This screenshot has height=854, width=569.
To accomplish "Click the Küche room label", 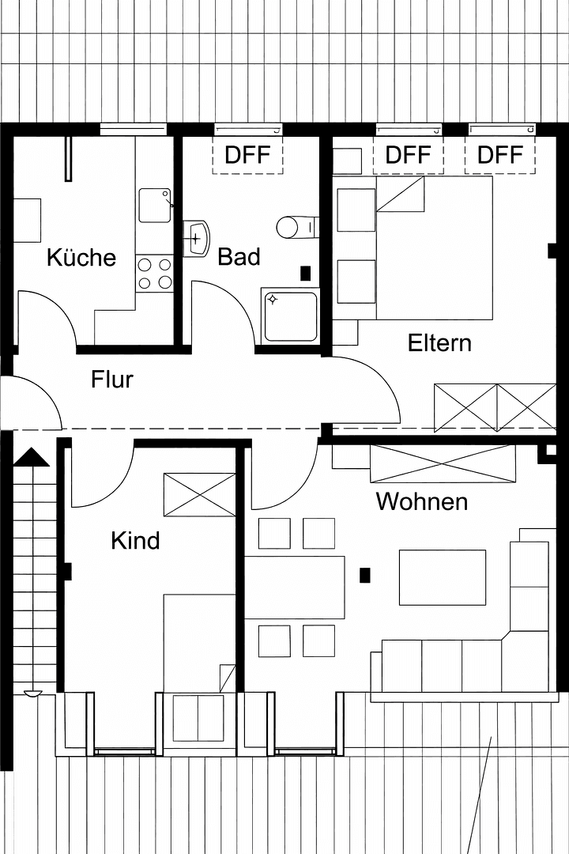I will (x=81, y=258).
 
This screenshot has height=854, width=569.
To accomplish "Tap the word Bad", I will (x=239, y=257).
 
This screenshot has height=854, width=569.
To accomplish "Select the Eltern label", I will (x=439, y=343).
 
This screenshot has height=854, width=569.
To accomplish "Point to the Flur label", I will (x=112, y=380).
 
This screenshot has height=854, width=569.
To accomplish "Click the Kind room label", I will (x=135, y=541).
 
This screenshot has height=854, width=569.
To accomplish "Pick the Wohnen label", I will (x=421, y=501).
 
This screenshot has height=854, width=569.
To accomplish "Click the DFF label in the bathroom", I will (x=247, y=155).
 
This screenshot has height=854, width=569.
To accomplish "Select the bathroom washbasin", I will (x=196, y=237).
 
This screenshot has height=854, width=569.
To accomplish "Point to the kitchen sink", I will (x=155, y=206).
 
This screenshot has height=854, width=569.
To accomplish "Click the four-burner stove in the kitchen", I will (x=154, y=274).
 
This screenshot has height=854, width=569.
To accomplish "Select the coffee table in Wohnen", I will (x=442, y=577).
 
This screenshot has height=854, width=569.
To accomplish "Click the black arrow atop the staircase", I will (x=32, y=458).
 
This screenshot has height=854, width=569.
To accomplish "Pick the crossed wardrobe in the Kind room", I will (x=199, y=495).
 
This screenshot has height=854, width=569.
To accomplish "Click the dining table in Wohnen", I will (x=294, y=587).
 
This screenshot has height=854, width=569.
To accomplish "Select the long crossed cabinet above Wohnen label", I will (x=443, y=463).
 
